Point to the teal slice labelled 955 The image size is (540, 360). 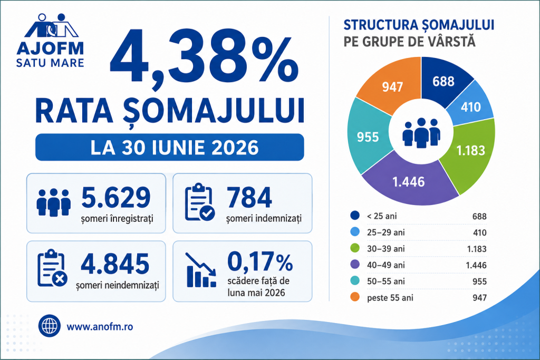point(368,137)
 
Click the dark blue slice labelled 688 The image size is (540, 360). point(443,81)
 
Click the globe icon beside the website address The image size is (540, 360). point(49,326)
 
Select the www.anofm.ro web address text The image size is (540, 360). point(100,327)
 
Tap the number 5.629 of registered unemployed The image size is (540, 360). point(115,197)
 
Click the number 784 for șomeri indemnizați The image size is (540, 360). point(249,197)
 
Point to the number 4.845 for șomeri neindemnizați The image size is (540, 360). point(115,264)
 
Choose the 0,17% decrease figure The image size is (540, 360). point(260,262)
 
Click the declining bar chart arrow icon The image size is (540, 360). point(201,270)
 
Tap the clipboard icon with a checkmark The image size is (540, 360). point(200,202)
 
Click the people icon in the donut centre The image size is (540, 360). point(421,133)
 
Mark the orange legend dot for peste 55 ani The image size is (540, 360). point(355,297)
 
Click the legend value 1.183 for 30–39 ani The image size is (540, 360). point(477,249)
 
